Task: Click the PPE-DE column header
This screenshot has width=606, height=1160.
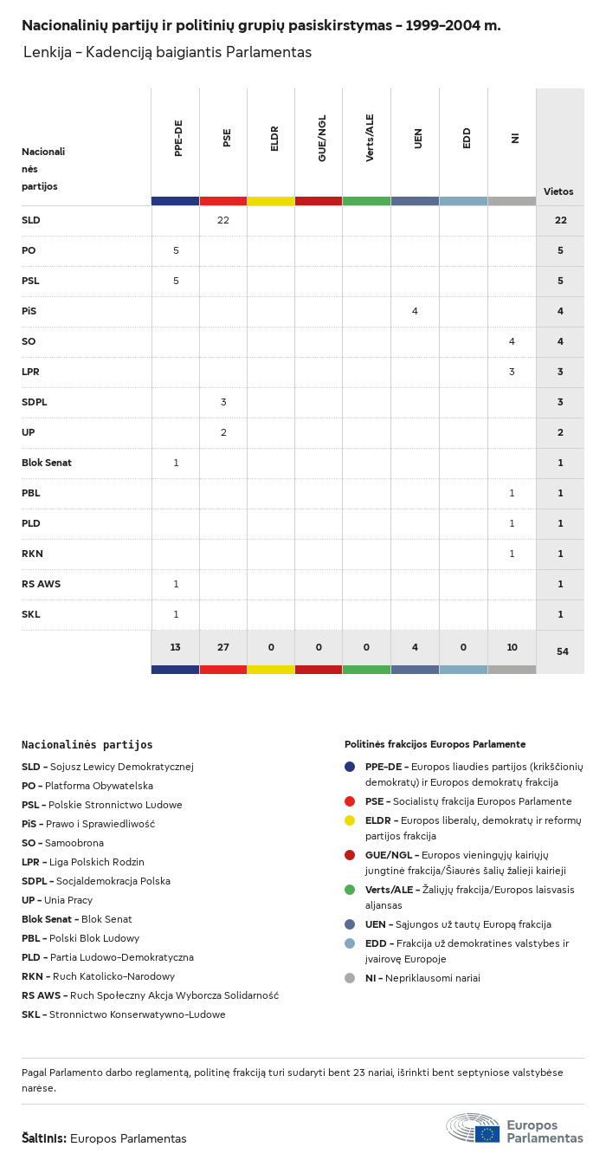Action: point(178,138)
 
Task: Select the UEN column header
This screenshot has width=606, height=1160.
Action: point(418,138)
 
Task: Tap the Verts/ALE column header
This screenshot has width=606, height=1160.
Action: point(370,138)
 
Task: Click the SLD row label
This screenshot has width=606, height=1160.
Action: point(31,220)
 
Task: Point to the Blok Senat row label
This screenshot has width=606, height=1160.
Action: point(47,463)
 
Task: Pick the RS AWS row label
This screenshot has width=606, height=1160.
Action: point(41,584)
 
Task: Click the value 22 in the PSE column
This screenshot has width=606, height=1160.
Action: point(223,220)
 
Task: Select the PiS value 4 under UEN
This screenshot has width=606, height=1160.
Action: point(415,311)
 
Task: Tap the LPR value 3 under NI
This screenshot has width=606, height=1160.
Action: point(512,372)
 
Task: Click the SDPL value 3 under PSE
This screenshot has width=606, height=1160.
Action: point(223,402)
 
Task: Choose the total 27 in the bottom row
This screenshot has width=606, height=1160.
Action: point(223,647)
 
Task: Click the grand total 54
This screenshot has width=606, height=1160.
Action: point(562,651)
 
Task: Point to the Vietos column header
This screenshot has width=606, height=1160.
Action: point(558,191)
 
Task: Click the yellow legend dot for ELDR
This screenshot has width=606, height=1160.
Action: point(350,820)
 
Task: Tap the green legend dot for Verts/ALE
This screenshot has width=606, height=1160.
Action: point(350,890)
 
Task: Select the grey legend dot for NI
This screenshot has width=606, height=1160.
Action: point(350,978)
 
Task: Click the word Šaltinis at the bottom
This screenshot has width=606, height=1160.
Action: point(43,1138)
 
